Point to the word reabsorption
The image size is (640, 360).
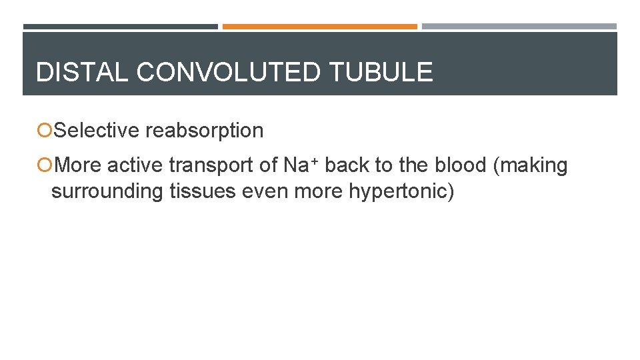[x=205, y=131]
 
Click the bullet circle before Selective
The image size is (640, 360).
[x=45, y=131]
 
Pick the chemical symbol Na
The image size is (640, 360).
[x=294, y=165]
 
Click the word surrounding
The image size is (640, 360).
[x=107, y=191]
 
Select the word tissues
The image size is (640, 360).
[x=202, y=191]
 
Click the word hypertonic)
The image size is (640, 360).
[x=401, y=191]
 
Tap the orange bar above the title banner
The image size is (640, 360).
[x=320, y=27]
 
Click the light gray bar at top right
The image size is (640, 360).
[x=519, y=27]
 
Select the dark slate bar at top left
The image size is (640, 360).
[x=121, y=27]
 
